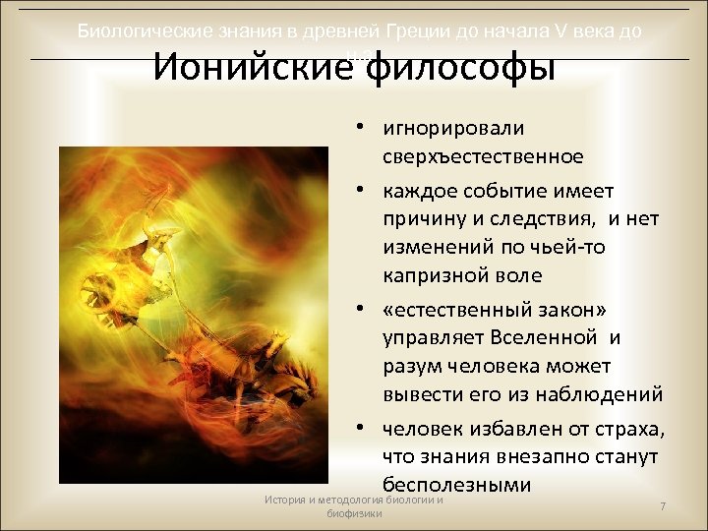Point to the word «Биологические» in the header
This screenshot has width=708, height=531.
[142, 31]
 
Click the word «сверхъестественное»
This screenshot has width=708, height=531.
[484, 156]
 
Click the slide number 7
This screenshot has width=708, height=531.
[664, 506]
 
